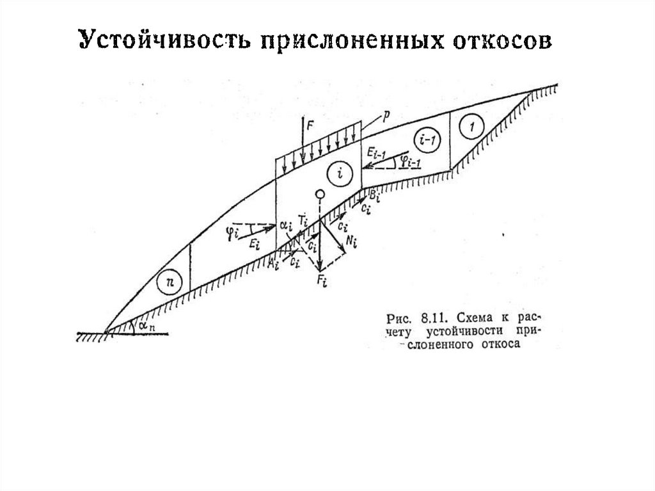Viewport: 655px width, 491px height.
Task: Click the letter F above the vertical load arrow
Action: [x=310, y=126]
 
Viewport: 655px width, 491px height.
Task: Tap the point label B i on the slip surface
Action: [x=375, y=195]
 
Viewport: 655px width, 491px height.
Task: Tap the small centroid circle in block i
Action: [x=320, y=194]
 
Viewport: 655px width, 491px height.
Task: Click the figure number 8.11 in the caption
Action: [x=432, y=318]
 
